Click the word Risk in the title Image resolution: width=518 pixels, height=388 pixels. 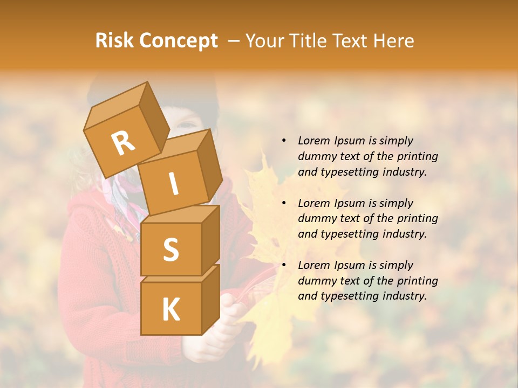115,40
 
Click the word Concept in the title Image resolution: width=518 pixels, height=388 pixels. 179,41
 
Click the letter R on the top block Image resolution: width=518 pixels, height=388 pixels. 123,143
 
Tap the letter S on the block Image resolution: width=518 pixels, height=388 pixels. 171,250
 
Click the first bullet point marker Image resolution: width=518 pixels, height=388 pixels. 284,141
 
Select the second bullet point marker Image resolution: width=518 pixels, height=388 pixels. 284,203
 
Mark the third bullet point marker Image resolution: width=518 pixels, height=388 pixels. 284,265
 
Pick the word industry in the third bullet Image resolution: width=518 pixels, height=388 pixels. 404,295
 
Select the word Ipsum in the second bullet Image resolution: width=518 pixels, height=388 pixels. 350,203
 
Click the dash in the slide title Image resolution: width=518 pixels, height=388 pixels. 235,41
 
